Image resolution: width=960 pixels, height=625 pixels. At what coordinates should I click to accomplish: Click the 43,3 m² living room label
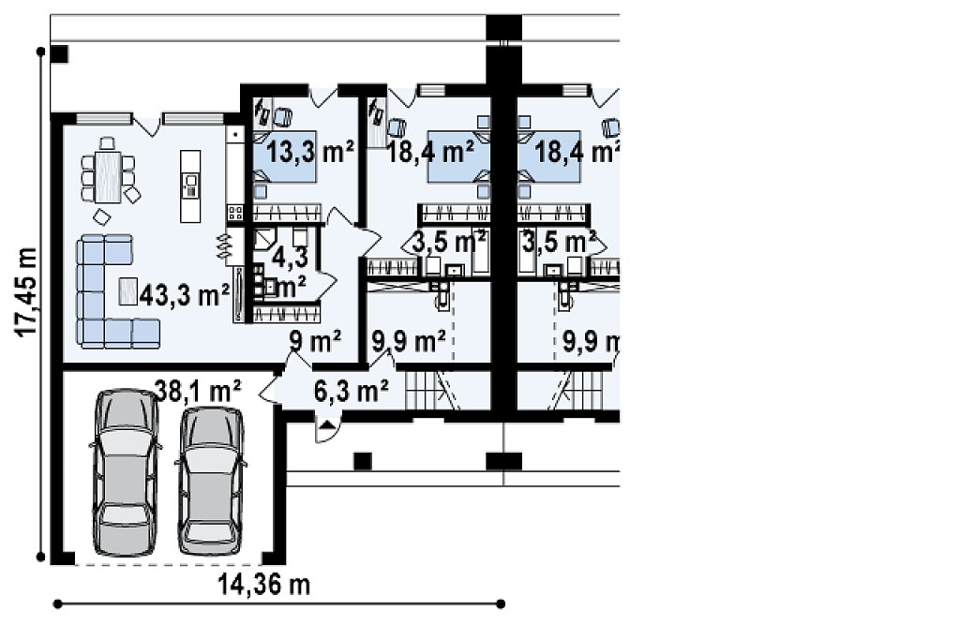coord(185,295)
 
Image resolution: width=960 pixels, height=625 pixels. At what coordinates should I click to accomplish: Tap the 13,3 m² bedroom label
coord(310,151)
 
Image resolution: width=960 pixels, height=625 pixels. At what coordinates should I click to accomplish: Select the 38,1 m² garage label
coord(198,391)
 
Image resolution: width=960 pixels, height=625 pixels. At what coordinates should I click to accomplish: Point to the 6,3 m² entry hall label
coord(351,390)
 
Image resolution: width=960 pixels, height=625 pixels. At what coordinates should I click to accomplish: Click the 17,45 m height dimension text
coord(26,292)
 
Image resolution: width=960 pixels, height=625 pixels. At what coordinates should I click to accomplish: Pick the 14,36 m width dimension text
coord(263,586)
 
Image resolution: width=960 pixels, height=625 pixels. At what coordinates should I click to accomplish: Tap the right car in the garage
coord(211,480)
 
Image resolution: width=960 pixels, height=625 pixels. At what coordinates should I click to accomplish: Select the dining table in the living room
coord(108,177)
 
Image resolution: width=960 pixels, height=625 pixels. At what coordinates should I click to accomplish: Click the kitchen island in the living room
coord(190,186)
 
